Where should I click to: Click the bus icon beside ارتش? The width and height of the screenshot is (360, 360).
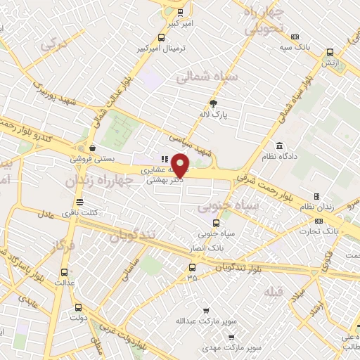tap(329, 52)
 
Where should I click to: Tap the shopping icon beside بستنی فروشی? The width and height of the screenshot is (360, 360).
tap(93, 148)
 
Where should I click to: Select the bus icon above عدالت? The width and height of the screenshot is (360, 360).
tap(65, 273)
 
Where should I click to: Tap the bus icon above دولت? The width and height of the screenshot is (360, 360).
tap(77, 307)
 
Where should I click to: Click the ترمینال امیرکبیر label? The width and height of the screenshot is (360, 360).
tap(163, 49)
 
